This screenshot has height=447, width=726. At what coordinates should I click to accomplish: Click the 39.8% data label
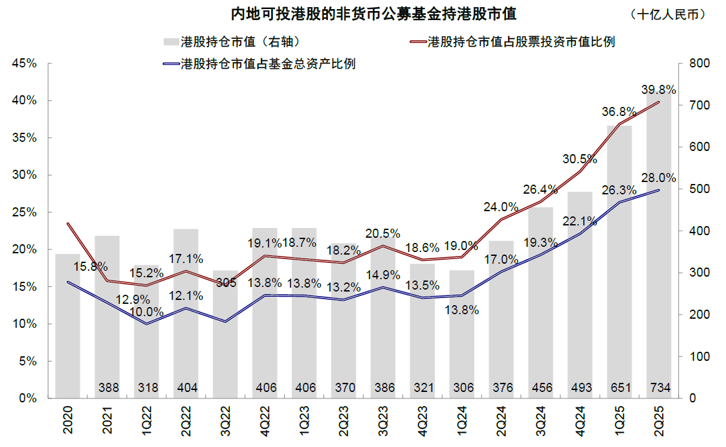pyautogui.click(x=658, y=89)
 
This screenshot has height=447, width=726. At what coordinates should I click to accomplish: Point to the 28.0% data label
pyautogui.click(x=658, y=178)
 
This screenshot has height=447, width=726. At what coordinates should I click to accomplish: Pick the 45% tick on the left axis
pyautogui.click(x=23, y=63)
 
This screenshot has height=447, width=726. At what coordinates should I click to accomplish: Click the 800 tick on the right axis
pyautogui.click(x=701, y=63)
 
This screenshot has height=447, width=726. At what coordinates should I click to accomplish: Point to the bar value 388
pyautogui.click(x=108, y=387)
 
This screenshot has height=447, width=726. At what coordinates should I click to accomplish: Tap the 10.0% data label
pyautogui.click(x=148, y=312)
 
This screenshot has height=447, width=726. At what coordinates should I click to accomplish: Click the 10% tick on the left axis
pyautogui.click(x=23, y=324)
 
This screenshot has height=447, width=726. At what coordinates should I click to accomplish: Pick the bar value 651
pyautogui.click(x=619, y=387)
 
